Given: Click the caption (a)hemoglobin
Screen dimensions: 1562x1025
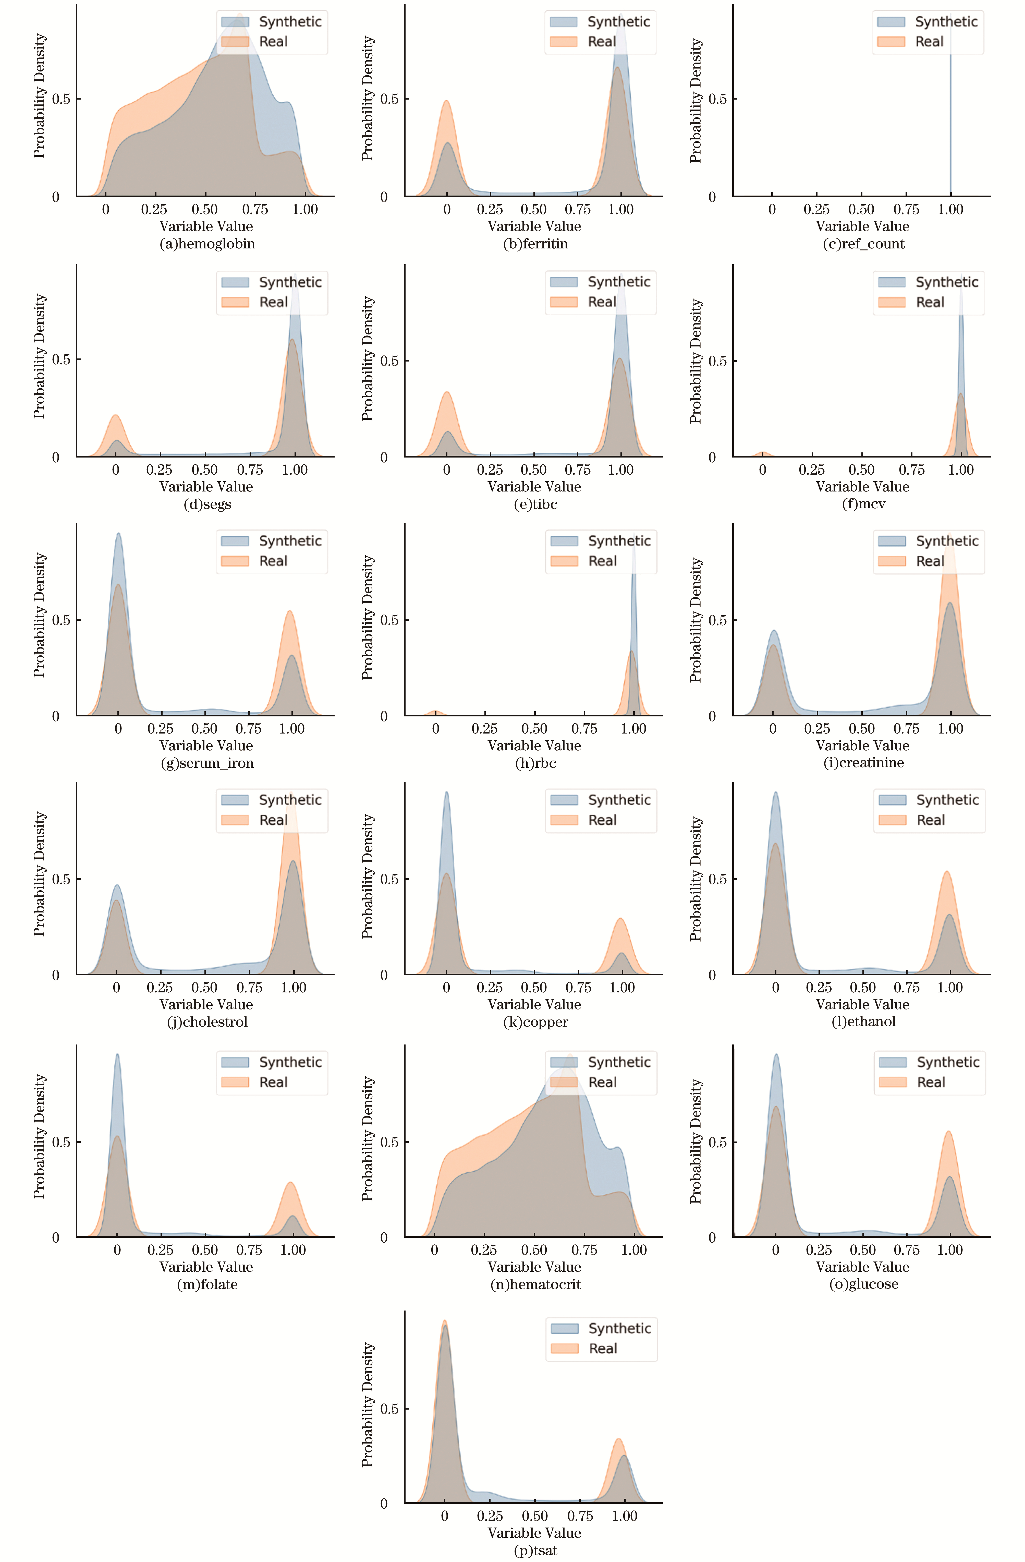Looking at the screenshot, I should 207,244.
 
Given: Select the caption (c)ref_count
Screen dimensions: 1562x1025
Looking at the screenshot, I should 864,244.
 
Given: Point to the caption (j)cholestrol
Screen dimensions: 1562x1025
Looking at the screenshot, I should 207,1022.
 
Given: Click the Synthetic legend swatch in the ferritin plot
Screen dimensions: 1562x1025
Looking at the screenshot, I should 563,22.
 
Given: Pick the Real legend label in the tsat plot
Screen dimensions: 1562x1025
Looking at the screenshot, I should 602,1348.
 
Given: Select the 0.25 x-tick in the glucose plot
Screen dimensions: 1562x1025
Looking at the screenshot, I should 819,1250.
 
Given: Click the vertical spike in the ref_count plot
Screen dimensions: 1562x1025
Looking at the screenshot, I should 950,118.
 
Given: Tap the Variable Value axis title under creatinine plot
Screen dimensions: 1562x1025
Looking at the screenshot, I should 862,746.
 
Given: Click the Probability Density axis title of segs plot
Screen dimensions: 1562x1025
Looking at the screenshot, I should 39,356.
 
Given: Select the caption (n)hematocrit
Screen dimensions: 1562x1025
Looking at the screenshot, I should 535,1284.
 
